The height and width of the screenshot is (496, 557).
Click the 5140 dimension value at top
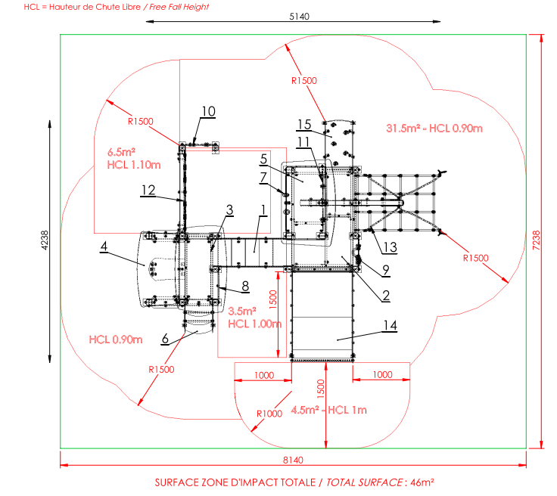click(x=299, y=17)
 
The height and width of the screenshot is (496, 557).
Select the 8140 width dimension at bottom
click(x=293, y=460)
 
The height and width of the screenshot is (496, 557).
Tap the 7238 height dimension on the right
click(x=537, y=240)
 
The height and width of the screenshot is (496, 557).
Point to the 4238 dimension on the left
click(x=45, y=240)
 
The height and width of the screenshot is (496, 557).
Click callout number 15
click(x=304, y=125)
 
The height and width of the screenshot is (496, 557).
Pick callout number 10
click(x=209, y=111)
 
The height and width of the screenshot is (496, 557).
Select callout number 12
click(x=148, y=191)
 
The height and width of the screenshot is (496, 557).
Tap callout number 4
click(x=104, y=246)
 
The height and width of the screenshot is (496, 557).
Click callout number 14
click(x=390, y=325)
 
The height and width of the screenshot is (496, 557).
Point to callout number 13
click(x=390, y=247)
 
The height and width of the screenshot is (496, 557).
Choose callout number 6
click(x=165, y=339)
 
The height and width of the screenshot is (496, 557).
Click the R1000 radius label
click(x=269, y=414)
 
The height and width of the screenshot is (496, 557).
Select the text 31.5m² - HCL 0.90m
click(x=434, y=128)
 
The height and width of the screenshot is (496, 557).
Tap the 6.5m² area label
click(x=121, y=152)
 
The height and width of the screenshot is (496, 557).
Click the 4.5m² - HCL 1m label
click(x=328, y=410)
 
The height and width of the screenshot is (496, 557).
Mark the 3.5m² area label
click(x=242, y=312)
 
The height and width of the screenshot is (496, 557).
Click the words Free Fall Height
click(x=179, y=7)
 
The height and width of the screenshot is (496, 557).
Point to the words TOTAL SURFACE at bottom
click(x=364, y=482)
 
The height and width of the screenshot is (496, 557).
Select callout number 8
click(x=245, y=286)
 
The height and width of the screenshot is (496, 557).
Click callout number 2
click(x=386, y=295)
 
